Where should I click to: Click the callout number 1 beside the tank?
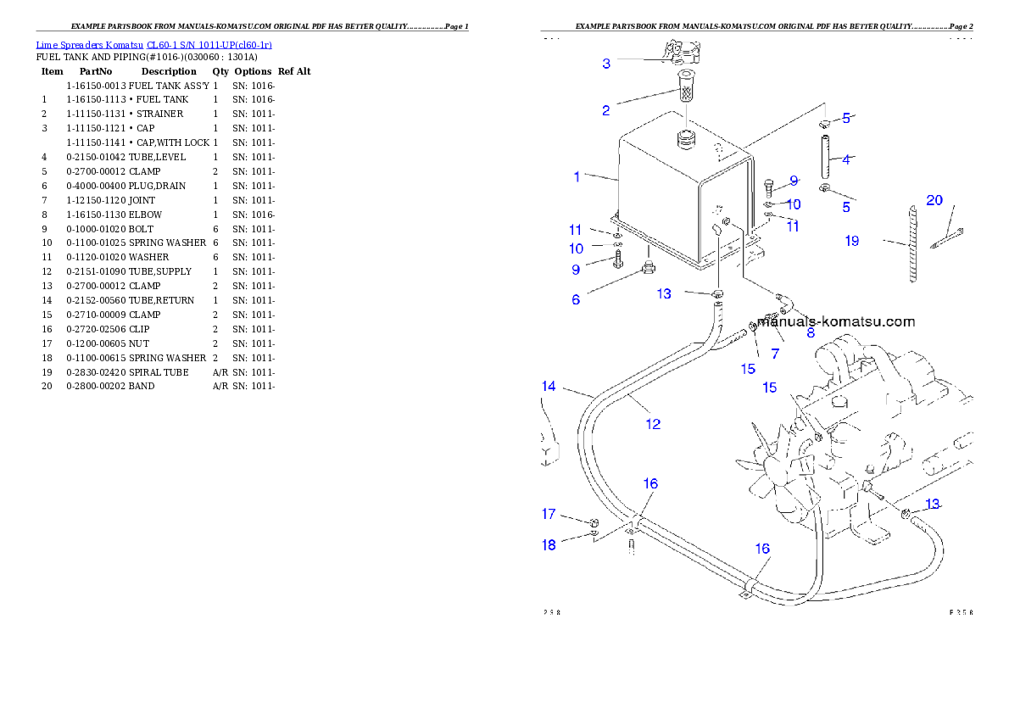pyautogui.click(x=577, y=177)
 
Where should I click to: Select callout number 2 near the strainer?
pyautogui.click(x=605, y=110)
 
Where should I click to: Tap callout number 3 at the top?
pyautogui.click(x=605, y=64)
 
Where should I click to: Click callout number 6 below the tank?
pyautogui.click(x=576, y=299)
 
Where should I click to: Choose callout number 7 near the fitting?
pyautogui.click(x=775, y=352)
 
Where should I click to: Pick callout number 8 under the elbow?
pyautogui.click(x=811, y=333)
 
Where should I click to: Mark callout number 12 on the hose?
pyautogui.click(x=652, y=424)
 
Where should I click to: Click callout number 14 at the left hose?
pyautogui.click(x=549, y=387)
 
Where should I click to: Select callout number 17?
pyautogui.click(x=549, y=514)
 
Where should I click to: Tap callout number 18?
pyautogui.click(x=549, y=545)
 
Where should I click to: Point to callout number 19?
pyautogui.click(x=851, y=241)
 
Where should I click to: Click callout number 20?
pyautogui.click(x=934, y=201)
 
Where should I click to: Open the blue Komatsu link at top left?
pyautogui.click(x=153, y=44)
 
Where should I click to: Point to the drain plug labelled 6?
pyautogui.click(x=649, y=269)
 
